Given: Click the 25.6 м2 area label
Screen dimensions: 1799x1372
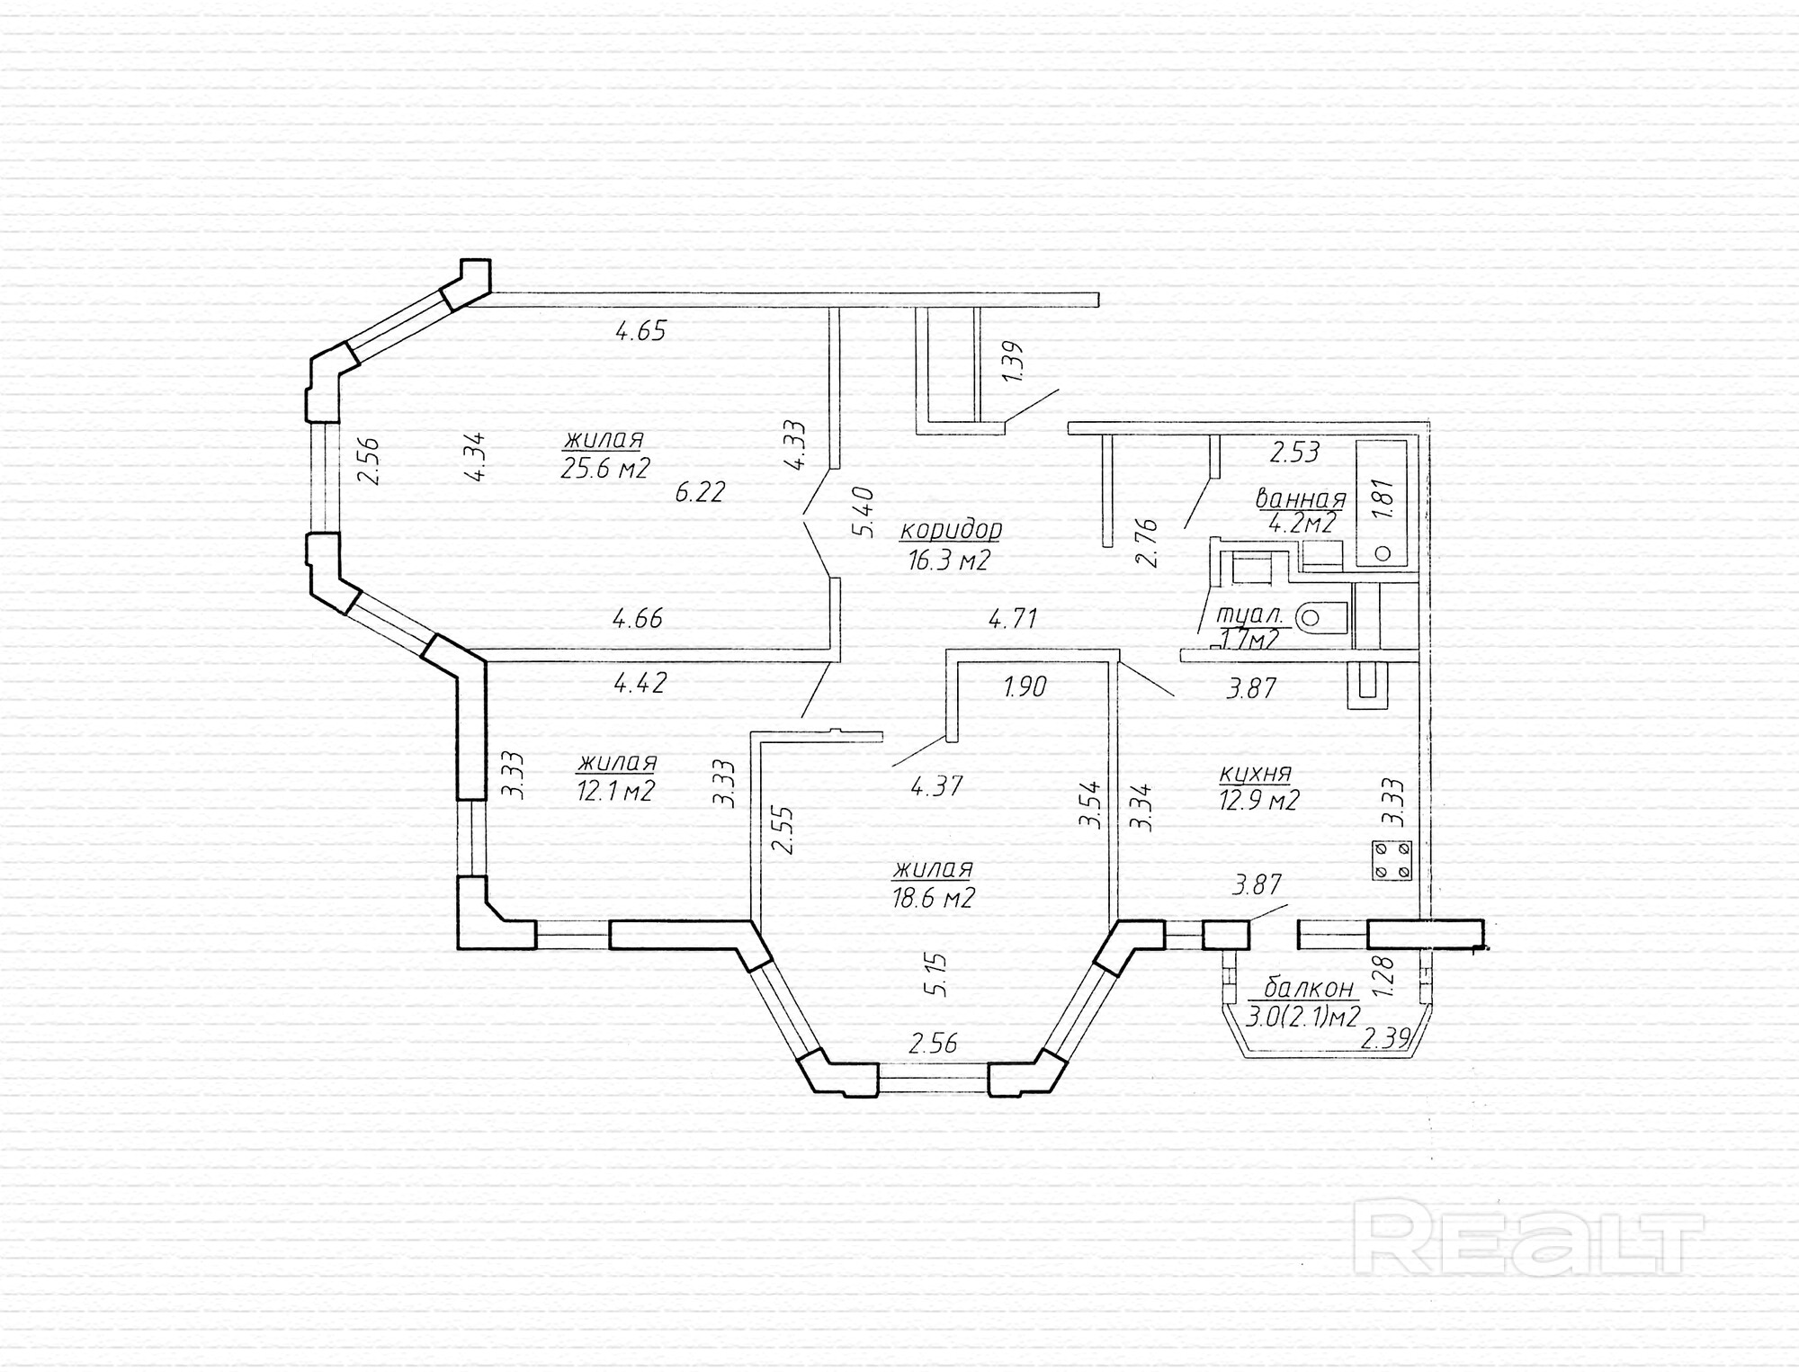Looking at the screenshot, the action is click(x=604, y=469).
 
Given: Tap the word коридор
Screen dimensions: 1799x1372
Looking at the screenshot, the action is click(x=951, y=529).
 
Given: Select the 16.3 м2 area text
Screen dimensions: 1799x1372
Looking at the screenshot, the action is click(x=949, y=561).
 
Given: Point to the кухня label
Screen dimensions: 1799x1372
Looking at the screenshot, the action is click(x=1256, y=773).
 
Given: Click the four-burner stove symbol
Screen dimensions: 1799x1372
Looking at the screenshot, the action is click(x=1392, y=859).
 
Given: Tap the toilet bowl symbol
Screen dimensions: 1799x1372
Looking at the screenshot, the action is click(x=1322, y=617).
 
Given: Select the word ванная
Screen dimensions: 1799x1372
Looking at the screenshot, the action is click(x=1300, y=499).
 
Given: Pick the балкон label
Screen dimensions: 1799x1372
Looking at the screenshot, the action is click(x=1309, y=988).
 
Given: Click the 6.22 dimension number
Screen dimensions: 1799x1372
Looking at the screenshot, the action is click(x=700, y=492).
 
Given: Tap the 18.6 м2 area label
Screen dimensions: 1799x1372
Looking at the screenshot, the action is click(x=934, y=898).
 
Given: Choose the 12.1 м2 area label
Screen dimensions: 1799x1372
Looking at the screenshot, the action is click(x=615, y=792).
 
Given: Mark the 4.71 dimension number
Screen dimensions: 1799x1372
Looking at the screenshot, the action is click(x=1013, y=618).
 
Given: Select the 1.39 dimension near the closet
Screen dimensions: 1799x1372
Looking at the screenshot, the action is click(x=1013, y=361).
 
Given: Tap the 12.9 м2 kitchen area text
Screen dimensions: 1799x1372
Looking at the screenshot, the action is click(x=1259, y=800).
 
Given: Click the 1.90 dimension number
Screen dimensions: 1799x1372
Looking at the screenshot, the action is click(x=1025, y=687).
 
